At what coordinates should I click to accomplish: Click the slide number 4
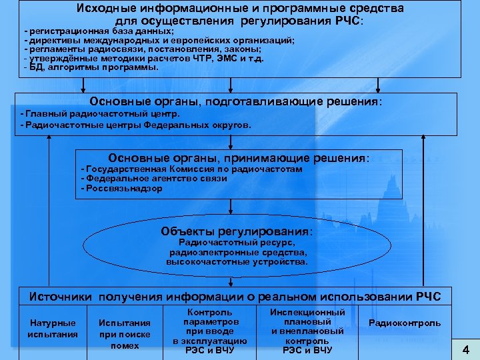click(x=466, y=349)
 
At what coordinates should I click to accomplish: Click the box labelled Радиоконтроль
click(x=405, y=323)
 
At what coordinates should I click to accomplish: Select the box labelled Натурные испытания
click(x=53, y=329)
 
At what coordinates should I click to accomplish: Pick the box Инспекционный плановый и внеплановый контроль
click(x=307, y=331)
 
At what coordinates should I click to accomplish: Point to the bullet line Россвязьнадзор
click(x=123, y=189)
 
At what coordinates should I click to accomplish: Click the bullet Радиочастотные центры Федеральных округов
click(x=137, y=125)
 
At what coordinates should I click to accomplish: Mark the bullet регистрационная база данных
click(x=100, y=31)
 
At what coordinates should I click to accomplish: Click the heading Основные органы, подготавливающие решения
click(x=237, y=102)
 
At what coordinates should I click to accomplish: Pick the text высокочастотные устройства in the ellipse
click(x=237, y=262)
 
